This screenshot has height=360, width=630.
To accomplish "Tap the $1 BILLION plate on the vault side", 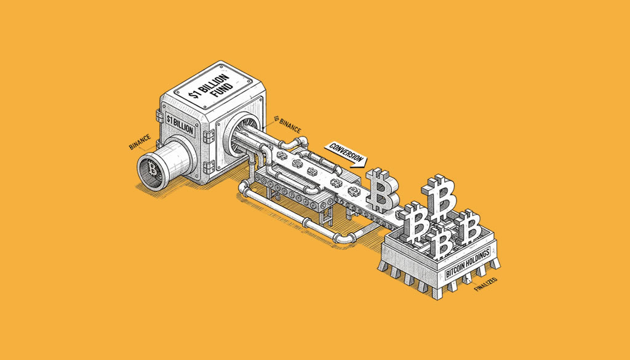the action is point(180,126).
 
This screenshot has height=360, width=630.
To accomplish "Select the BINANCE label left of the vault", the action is point(140,142).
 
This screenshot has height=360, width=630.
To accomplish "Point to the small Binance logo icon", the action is point(276,119).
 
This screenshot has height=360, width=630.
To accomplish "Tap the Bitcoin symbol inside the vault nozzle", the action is point(153,169).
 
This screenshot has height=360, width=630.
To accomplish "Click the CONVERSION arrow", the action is point(346,154).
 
